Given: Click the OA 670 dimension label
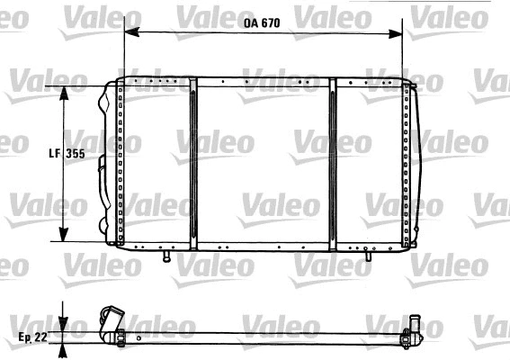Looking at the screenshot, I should (262, 23).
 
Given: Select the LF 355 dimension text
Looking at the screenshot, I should (66, 154).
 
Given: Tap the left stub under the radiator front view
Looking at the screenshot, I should (166, 256).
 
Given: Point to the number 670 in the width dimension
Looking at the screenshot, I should (271, 23).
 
